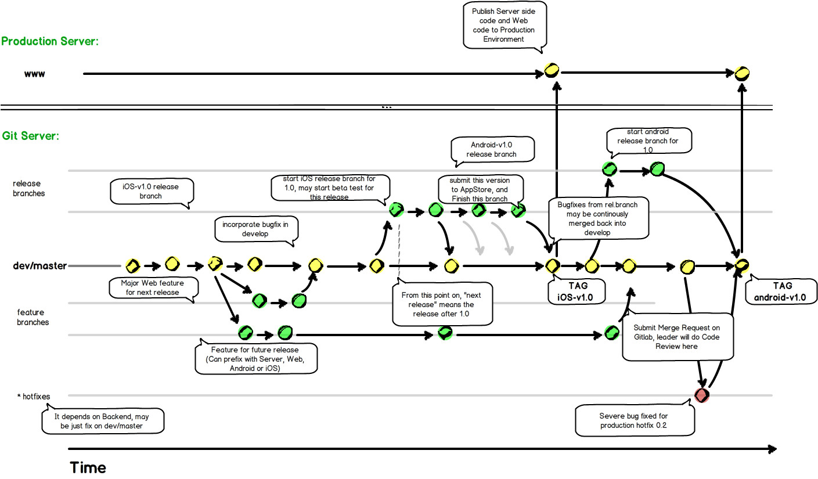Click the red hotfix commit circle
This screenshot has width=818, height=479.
(x=701, y=395)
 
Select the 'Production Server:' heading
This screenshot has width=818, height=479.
(x=50, y=41)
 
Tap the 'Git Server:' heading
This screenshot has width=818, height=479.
(x=31, y=136)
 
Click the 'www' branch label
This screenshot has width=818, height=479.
(x=34, y=74)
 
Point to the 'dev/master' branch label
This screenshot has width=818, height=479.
(x=40, y=266)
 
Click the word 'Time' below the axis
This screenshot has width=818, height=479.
(x=88, y=468)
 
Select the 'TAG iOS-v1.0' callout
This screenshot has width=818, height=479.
(x=576, y=291)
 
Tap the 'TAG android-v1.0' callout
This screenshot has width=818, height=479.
(x=781, y=291)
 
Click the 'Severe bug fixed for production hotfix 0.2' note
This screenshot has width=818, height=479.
(x=635, y=420)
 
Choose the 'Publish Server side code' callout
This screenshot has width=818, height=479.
(x=504, y=26)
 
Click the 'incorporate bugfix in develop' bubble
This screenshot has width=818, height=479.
(x=255, y=229)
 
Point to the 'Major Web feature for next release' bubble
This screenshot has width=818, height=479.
(x=153, y=288)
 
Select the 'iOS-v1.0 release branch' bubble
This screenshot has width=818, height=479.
(x=151, y=191)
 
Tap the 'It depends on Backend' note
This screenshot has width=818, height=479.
(x=103, y=421)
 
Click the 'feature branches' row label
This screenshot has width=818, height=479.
(x=33, y=317)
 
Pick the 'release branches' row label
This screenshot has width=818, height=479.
(x=28, y=188)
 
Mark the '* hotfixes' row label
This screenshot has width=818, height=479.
(x=34, y=397)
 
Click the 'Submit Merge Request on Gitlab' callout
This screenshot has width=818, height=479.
(x=678, y=337)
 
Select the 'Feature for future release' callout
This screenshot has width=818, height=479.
(x=255, y=359)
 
